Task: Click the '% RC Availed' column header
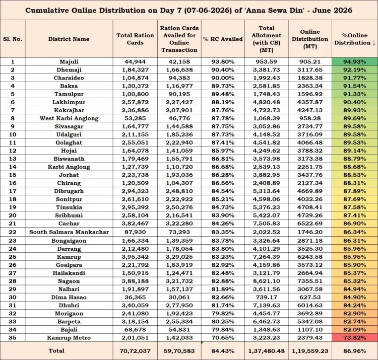click(x=223, y=39)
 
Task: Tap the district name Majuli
click(x=69, y=61)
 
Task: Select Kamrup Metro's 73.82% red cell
click(x=355, y=338)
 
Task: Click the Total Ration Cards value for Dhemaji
click(x=135, y=70)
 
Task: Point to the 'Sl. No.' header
click(x=13, y=39)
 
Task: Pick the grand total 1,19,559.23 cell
click(x=310, y=351)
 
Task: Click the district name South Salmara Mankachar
click(x=69, y=232)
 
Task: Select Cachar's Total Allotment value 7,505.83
click(x=267, y=224)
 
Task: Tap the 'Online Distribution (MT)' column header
click(x=310, y=39)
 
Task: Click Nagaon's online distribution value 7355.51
click(x=310, y=281)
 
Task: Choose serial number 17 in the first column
click(x=13, y=191)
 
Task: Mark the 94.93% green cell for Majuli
click(x=355, y=61)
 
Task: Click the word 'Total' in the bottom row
click(x=56, y=351)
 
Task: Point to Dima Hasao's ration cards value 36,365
click(x=135, y=297)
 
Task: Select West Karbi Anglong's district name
click(x=69, y=118)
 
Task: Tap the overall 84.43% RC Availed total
click(x=223, y=351)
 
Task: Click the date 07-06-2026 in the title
click(x=206, y=11)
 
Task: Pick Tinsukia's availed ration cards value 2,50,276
click(x=179, y=207)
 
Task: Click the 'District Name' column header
click(x=69, y=39)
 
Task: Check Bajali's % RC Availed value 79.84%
click(x=223, y=329)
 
